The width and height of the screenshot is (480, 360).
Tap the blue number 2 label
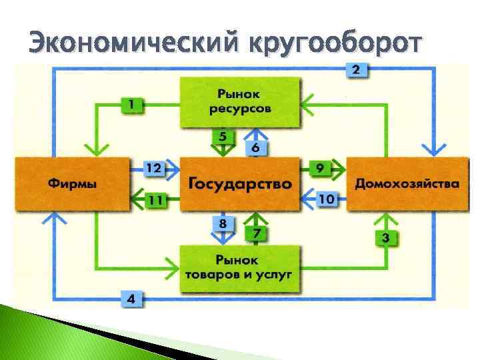357,69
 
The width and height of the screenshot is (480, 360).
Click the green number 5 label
223,137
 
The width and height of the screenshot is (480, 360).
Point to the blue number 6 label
255,147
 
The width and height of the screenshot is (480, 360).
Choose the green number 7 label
256,233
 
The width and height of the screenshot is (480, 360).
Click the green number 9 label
321,168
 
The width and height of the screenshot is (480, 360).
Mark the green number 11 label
155,199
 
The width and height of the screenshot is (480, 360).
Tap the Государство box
239,183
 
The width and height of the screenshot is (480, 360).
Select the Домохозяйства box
407,183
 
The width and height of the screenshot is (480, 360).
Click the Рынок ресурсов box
239,101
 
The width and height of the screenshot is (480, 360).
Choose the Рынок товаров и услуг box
239,267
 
